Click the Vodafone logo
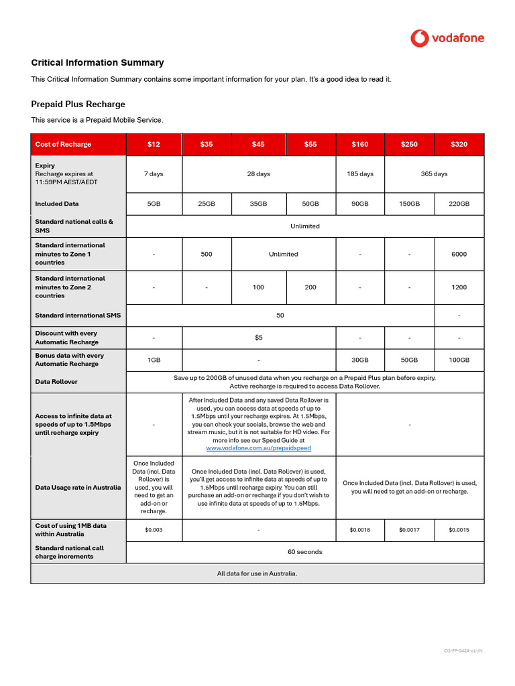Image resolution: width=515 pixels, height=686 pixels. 447,38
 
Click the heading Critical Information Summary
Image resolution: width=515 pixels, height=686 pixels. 97,62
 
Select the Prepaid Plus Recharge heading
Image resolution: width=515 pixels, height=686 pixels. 78,104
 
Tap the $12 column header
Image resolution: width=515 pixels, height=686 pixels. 154,144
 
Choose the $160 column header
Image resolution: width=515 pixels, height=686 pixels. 360,144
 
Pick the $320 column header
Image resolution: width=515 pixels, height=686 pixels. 459,144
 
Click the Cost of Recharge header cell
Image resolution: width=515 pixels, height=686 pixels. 63,144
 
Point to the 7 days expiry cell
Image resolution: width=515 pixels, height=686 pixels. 154,174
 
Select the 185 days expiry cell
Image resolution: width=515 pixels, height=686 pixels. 360,174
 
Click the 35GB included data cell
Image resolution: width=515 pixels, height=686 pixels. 258,204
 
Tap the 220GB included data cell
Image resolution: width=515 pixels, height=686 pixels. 459,204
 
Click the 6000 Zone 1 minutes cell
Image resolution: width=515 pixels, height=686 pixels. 459,254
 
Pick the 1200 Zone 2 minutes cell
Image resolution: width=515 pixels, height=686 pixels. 459,287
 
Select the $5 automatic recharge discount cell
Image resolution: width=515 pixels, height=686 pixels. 258,338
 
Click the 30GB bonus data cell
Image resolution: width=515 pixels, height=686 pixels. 360,360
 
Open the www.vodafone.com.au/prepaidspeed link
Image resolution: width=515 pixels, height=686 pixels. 258,448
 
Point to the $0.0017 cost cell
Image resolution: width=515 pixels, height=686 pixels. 409,530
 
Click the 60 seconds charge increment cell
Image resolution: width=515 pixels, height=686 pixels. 304,552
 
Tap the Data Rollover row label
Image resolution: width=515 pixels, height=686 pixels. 56,382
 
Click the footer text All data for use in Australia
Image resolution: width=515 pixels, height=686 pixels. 257,573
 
